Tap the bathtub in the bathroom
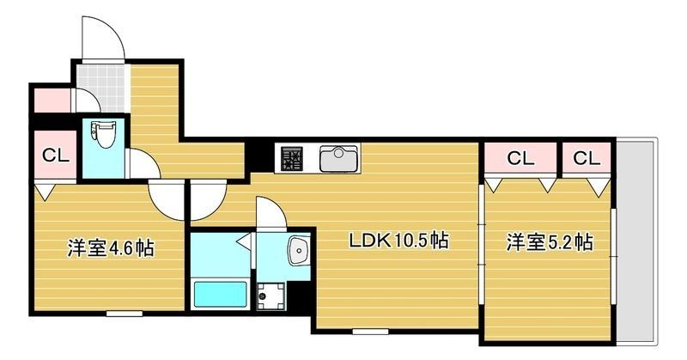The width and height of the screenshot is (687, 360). click(x=220, y=295)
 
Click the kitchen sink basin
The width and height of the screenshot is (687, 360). click(x=339, y=158)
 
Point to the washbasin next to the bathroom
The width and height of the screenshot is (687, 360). click(x=298, y=250)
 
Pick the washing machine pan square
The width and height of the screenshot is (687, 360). click(x=273, y=294)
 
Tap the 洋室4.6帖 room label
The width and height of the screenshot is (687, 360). click(x=111, y=249)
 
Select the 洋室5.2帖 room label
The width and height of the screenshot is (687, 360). click(x=548, y=241)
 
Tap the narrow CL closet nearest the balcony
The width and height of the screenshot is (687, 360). click(x=586, y=158)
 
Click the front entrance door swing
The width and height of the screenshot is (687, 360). click(x=101, y=40)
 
